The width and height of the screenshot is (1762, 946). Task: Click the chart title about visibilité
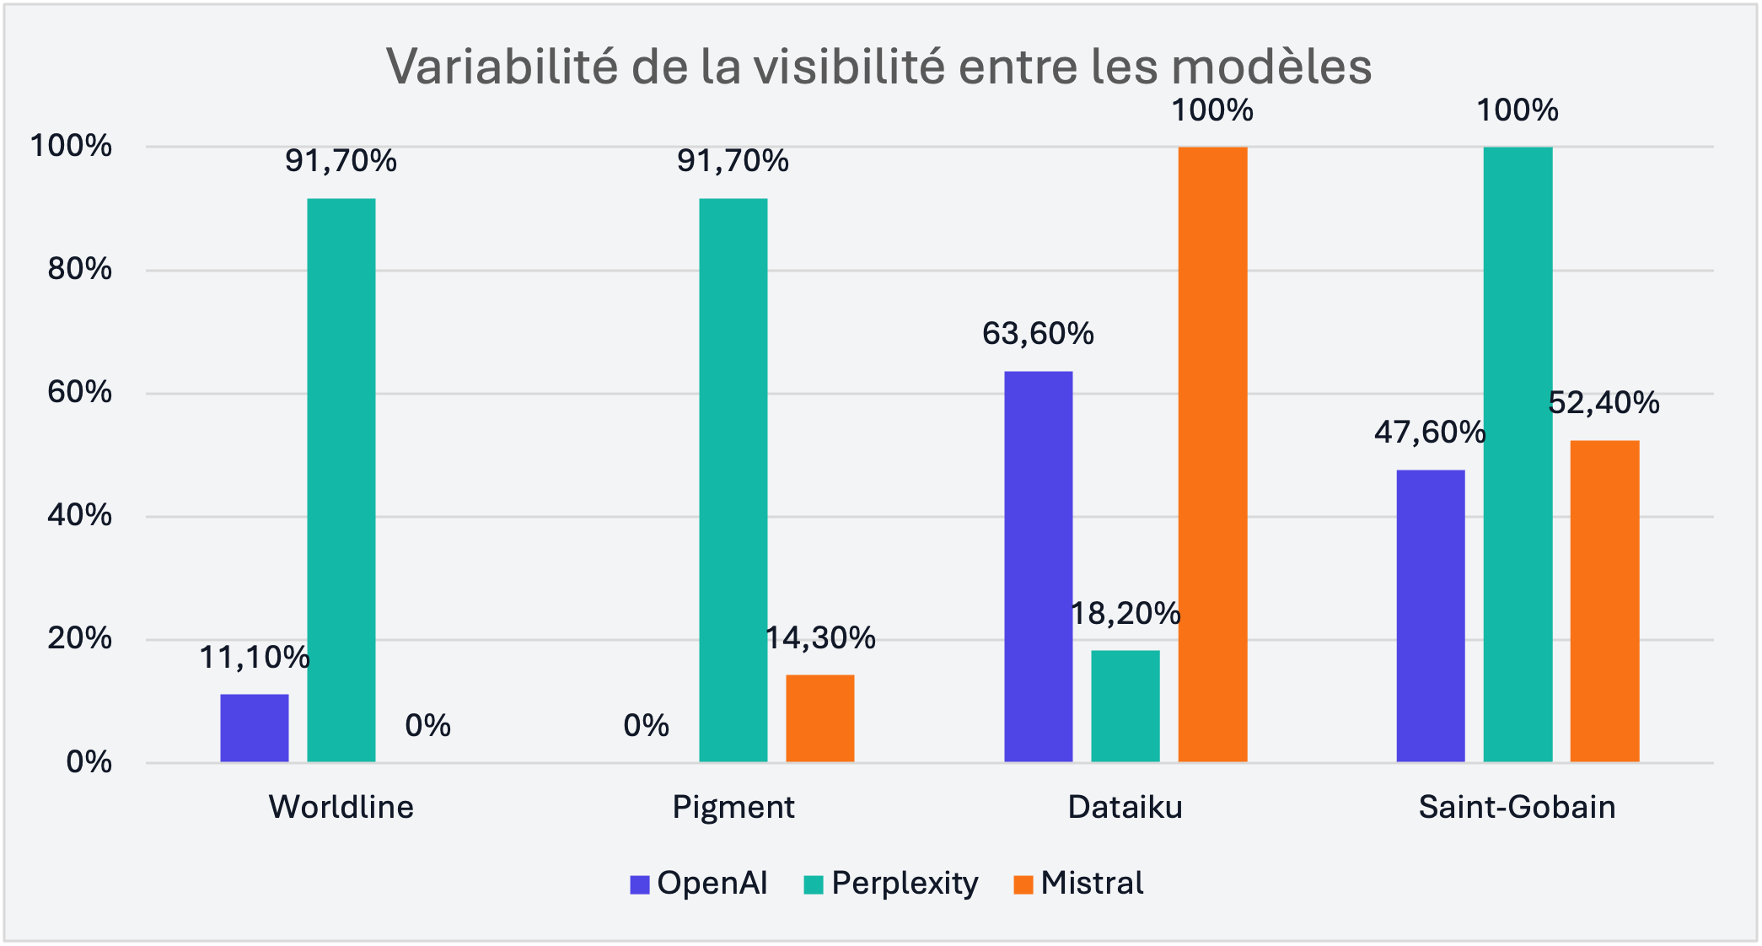tap(879, 66)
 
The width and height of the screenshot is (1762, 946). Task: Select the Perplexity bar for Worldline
tap(341, 481)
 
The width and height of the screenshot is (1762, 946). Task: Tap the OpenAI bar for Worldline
tap(255, 728)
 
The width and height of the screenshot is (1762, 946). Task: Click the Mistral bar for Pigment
tap(820, 718)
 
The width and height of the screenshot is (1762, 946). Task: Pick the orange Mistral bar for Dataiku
tap(1212, 455)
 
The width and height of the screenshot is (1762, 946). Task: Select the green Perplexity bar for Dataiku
tap(1125, 706)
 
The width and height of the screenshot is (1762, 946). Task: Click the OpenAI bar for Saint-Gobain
tap(1431, 615)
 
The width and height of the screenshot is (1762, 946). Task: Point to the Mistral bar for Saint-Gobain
tap(1604, 601)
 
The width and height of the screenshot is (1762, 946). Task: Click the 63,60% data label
tap(1038, 334)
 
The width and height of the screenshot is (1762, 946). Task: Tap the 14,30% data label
tap(820, 638)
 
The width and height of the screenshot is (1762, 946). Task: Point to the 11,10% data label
tap(255, 658)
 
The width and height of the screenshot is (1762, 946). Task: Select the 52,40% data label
tap(1604, 403)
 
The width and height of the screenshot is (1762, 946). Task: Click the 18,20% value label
tap(1125, 614)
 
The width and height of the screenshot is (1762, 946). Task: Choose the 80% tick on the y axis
tap(79, 270)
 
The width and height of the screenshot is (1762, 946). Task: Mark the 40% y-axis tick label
tap(79, 515)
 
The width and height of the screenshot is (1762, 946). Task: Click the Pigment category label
tap(733, 807)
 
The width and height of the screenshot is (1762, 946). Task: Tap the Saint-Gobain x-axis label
tap(1518, 807)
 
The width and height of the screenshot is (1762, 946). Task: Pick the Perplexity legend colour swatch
tap(814, 884)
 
